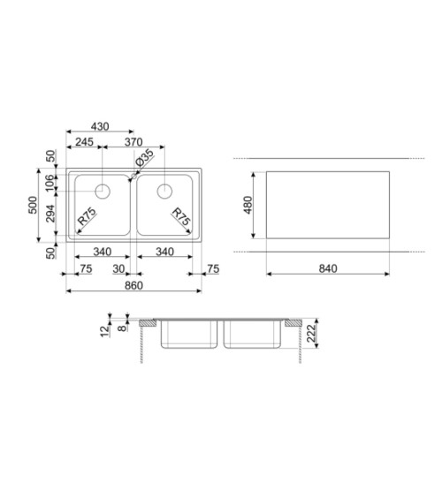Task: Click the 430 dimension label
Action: click(100, 126)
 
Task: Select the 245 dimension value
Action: click(84, 141)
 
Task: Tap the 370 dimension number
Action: click(133, 141)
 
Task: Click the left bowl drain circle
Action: click(103, 192)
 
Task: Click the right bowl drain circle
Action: click(164, 192)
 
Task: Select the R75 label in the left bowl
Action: click(87, 216)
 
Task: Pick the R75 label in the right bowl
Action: click(181, 216)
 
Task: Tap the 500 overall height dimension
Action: click(33, 205)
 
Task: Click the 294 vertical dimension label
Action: click(50, 214)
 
